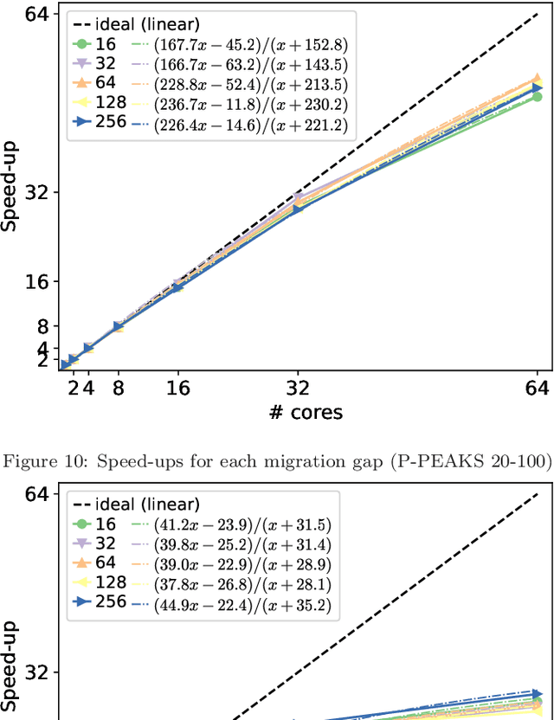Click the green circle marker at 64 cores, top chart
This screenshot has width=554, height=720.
click(x=537, y=97)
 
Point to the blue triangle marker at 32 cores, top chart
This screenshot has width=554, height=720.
click(x=298, y=209)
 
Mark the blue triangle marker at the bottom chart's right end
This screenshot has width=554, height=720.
click(x=537, y=694)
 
